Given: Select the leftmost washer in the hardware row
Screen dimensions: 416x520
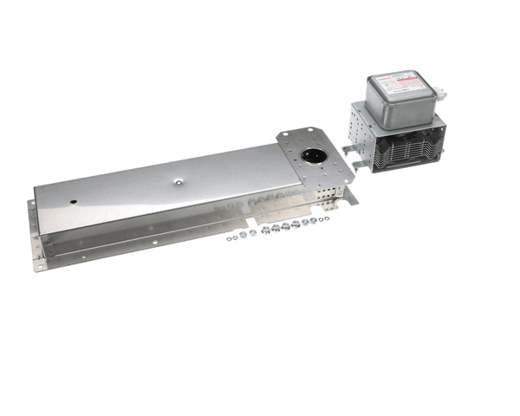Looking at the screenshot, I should click(230, 237).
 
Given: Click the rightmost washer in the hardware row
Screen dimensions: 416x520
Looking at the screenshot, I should click(326, 222).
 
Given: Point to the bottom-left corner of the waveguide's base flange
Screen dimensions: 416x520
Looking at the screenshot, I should click(37, 268).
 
